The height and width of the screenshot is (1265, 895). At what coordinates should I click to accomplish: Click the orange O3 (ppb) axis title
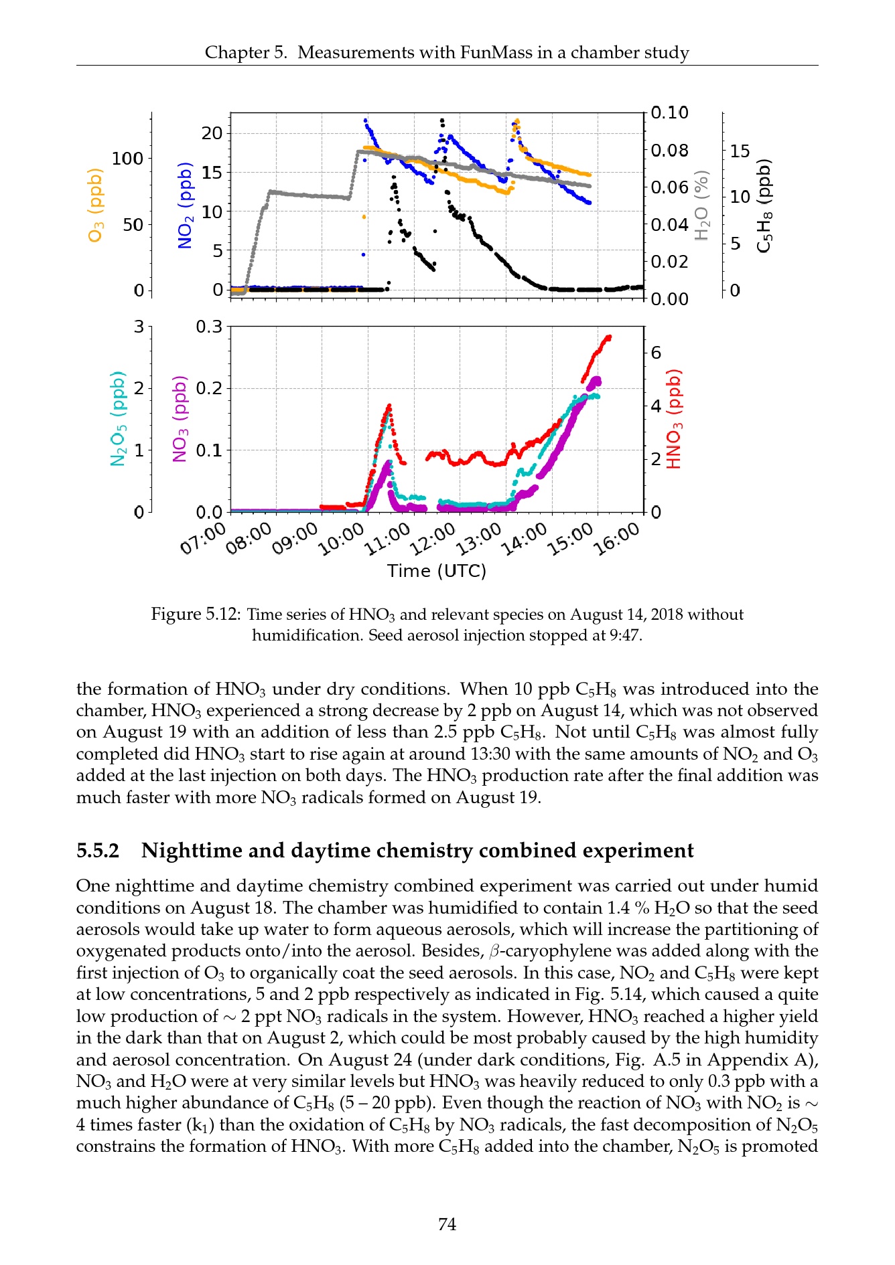pos(96,205)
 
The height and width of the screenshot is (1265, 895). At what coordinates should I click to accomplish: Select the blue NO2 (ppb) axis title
pos(185,205)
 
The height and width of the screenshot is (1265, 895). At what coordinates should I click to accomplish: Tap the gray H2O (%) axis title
pos(701,205)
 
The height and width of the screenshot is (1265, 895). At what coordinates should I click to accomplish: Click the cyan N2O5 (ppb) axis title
pos(118,418)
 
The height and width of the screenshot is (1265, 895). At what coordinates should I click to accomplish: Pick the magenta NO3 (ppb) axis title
pos(180,418)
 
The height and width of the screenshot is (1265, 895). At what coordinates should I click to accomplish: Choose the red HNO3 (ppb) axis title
pos(674,418)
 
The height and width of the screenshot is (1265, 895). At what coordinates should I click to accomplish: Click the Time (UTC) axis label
pos(437,571)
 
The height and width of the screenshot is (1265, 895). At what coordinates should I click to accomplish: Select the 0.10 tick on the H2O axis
pos(669,112)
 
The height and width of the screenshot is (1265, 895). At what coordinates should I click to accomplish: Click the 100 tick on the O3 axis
pos(127,159)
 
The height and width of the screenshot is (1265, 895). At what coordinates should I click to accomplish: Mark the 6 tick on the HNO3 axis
pos(655,353)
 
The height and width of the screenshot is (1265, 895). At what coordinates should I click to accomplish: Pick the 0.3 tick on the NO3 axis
pos(209,327)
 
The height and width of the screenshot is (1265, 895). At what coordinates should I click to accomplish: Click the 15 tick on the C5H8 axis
pos(740,151)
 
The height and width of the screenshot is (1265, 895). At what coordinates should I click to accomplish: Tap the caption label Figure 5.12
pos(195,614)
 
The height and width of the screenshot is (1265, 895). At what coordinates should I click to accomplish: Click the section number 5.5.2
pos(98,851)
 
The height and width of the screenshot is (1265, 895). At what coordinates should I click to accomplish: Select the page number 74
pos(447,1224)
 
